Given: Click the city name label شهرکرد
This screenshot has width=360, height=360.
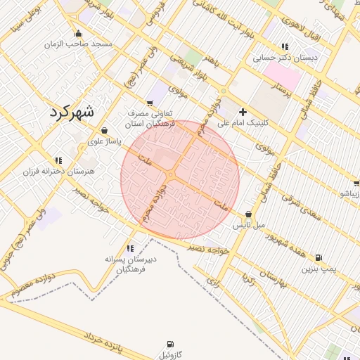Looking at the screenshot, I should pos(72,111).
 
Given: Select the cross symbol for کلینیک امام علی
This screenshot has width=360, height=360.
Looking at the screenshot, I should pos(243,111).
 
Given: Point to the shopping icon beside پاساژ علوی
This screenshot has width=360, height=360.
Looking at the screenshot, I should pos(105,130).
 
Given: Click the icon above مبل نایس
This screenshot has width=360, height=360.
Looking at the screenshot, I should pos(248,214).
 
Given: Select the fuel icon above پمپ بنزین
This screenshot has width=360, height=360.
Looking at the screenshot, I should pos(320,257).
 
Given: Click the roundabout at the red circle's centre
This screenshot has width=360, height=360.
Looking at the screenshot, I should pos(171,174).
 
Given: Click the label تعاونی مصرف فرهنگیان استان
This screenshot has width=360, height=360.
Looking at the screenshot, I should pos(150,117).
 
